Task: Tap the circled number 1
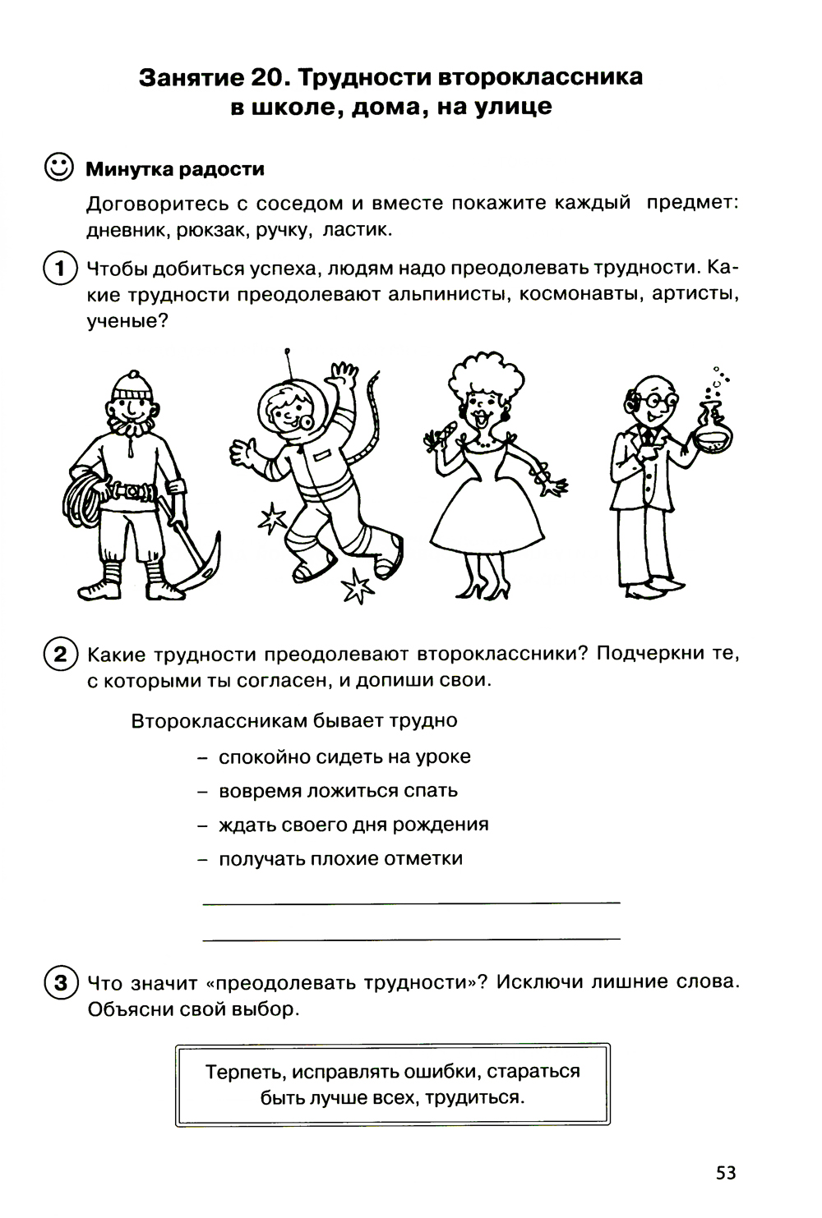pyautogui.click(x=58, y=269)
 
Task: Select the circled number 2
pyautogui.click(x=58, y=655)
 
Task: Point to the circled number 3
pyautogui.click(x=58, y=982)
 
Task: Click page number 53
pyautogui.click(x=725, y=1172)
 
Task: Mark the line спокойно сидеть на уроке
pyautogui.click(x=344, y=756)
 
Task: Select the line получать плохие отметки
pyautogui.click(x=340, y=859)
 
